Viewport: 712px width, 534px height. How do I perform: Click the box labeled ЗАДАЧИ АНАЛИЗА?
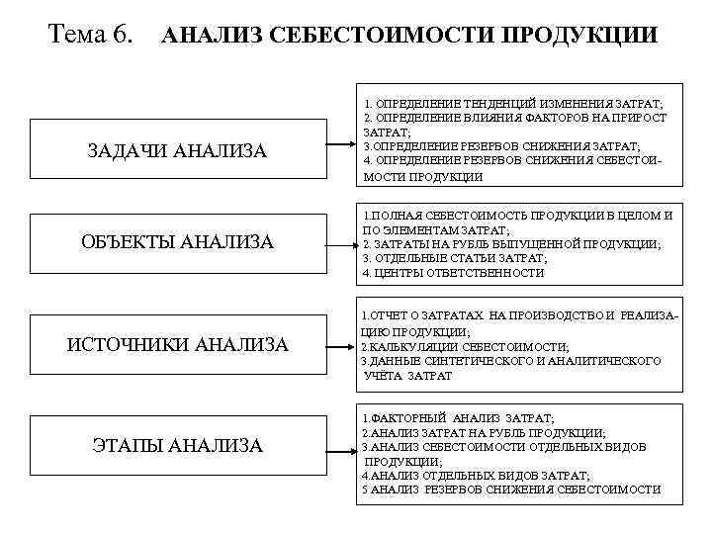tap(177, 150)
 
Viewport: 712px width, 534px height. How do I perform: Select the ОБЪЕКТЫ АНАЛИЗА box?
tap(177, 242)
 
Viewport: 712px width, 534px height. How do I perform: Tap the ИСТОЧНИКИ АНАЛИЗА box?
tap(177, 344)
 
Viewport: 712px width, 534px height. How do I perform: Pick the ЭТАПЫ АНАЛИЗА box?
tap(177, 446)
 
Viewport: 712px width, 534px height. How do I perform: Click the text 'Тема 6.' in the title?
tap(90, 36)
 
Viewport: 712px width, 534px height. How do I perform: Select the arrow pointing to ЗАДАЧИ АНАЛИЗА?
tap(339, 149)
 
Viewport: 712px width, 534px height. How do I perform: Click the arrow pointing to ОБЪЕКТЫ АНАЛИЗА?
tap(339, 242)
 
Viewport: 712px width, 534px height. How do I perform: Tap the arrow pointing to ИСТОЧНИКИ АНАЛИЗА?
tap(339, 344)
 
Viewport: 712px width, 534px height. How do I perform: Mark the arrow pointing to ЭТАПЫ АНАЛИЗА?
tap(339, 446)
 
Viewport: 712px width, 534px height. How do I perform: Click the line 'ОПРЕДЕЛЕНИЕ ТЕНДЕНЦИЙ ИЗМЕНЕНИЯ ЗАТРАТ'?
tap(513, 103)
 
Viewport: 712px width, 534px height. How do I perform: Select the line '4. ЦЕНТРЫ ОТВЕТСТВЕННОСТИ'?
tap(454, 272)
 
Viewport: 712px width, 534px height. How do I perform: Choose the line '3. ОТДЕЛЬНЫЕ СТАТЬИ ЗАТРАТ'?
tap(455, 257)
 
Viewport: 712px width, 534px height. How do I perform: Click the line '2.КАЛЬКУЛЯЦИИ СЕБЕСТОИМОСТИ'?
tap(465, 347)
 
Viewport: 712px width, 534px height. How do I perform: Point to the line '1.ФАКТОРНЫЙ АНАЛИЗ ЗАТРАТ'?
tap(459, 418)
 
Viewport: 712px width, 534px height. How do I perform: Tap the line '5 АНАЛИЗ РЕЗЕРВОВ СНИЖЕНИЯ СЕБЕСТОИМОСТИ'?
tap(511, 489)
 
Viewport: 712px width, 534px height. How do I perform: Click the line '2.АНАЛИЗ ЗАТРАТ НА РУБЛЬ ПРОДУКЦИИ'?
tap(485, 432)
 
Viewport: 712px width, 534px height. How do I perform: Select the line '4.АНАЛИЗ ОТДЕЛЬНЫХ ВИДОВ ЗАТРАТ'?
tap(476, 475)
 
